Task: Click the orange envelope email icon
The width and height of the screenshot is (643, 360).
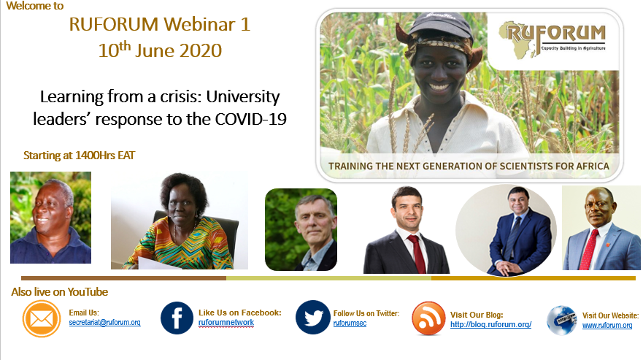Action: [x=42, y=319]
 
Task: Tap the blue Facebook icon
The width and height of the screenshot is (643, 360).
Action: [x=177, y=318]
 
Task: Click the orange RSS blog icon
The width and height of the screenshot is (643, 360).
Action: [x=428, y=318]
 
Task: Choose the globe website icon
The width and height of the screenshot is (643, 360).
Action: [x=561, y=321]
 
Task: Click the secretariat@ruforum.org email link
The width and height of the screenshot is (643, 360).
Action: [x=104, y=322]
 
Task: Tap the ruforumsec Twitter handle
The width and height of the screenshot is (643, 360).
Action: [x=350, y=323]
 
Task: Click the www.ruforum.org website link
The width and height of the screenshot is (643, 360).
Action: [x=607, y=326]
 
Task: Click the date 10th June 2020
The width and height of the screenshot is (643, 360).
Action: [x=160, y=52]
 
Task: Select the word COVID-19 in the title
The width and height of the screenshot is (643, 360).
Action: [x=248, y=120]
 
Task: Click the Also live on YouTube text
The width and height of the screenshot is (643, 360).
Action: [x=60, y=292]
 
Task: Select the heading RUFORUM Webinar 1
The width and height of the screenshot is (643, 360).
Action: [x=160, y=24]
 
